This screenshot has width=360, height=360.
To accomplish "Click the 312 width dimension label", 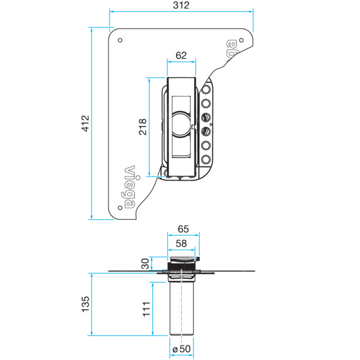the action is coord(181,5).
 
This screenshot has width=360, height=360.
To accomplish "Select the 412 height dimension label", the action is coord(85,123).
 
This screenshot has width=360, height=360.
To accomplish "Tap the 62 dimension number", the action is coord(181,55).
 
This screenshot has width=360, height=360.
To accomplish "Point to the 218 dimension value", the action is coord(143,127).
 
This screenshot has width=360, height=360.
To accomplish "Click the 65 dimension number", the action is coord(183,229).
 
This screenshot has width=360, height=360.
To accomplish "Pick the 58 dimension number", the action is coord(181,244).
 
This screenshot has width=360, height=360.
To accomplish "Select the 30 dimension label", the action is coord(145,263).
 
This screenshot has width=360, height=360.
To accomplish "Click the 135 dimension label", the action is coord(85,304).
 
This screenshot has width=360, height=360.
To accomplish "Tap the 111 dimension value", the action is coord(146,309).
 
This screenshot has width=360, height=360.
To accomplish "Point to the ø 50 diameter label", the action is coord(181,349).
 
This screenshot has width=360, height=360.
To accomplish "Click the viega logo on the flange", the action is coord(129,187).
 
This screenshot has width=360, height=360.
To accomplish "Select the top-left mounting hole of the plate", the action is coord(120,40).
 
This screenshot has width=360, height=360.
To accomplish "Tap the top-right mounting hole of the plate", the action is coord(241,40).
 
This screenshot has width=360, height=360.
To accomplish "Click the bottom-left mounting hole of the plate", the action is coord(120,208).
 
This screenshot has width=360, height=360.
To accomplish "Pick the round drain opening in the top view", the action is coord(181,124).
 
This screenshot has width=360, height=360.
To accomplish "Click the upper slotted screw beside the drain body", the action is coord(206,118).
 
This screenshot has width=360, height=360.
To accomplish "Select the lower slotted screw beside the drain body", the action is coord(206,132).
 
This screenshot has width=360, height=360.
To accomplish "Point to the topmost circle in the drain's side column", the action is coord(206,89).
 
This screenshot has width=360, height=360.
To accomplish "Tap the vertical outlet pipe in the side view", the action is coord(181,308).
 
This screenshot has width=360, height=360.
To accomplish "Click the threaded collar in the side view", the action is coord(181,266).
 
